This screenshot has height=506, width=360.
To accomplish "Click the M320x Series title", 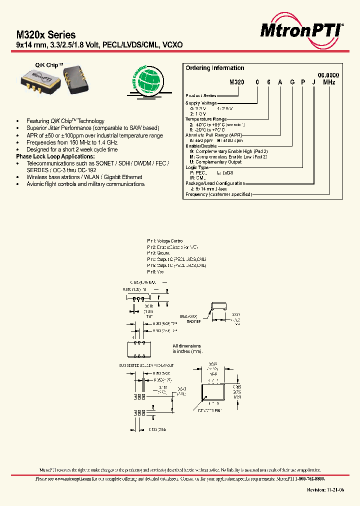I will pyautogui.click(x=46, y=35).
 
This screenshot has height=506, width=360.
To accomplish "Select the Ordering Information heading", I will pyautogui.click(x=214, y=68).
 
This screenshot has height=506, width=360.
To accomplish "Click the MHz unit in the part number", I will pyautogui.click(x=328, y=82).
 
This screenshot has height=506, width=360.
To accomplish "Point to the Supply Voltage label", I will pyautogui.click(x=202, y=103).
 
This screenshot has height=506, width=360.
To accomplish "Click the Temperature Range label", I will pyautogui.click(x=205, y=119).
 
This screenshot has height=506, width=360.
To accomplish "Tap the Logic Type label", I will pyautogui.click(x=197, y=167).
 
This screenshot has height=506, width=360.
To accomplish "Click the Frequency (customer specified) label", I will pyautogui.click(x=218, y=194).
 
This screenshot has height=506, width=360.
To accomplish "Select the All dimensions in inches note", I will pyautogui.click(x=187, y=349).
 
